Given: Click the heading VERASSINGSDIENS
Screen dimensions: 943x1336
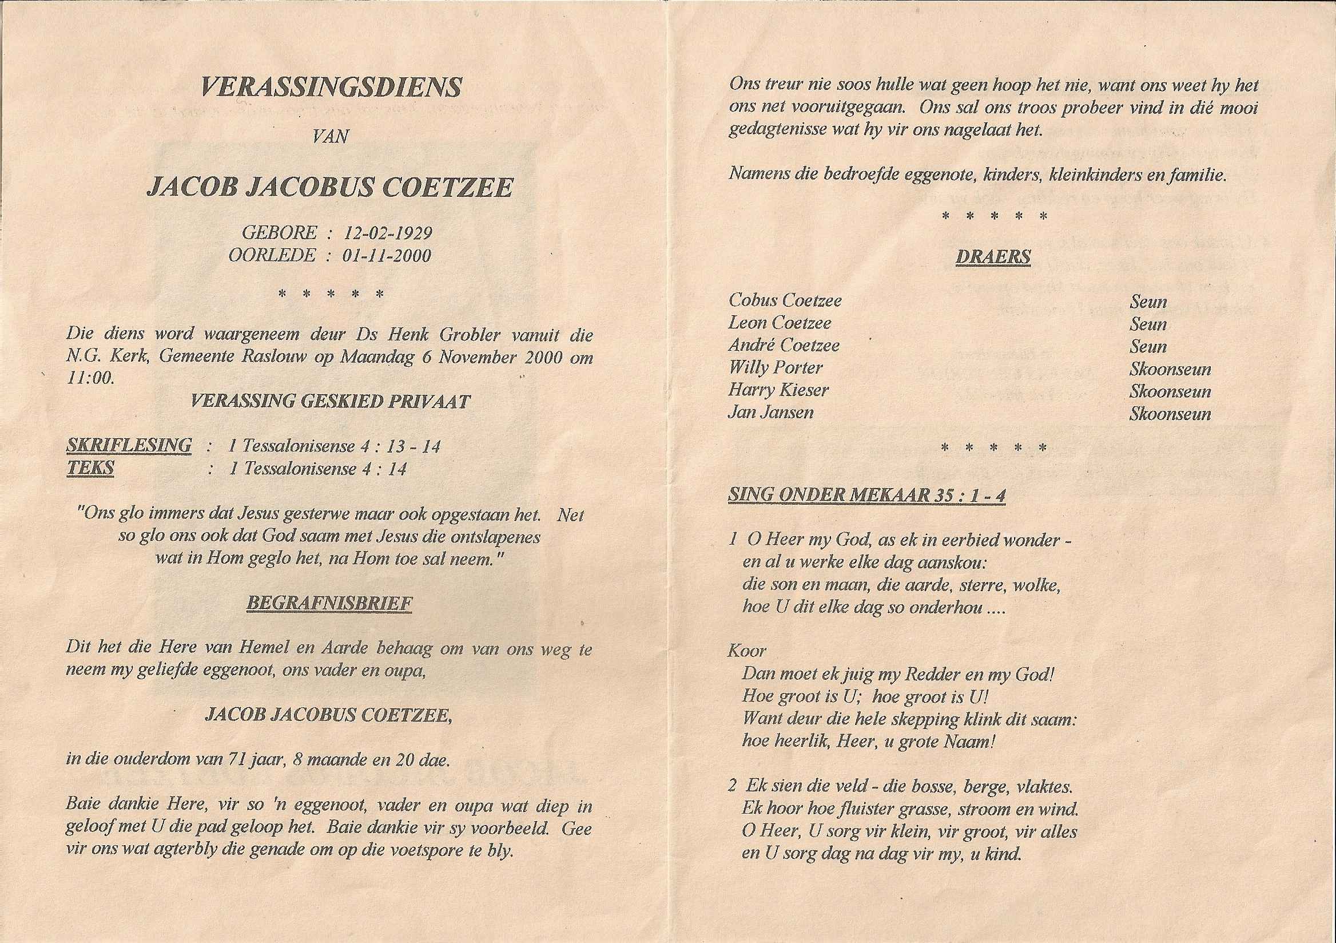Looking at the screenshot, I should click(331, 88).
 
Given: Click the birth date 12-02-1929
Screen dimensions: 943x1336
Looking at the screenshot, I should click(388, 233).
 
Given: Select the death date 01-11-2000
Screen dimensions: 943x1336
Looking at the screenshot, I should click(387, 256).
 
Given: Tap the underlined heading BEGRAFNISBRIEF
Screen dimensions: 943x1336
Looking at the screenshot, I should click(329, 603).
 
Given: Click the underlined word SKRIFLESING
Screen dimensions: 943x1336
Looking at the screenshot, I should click(129, 445).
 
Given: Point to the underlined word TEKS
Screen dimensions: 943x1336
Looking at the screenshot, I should click(90, 468).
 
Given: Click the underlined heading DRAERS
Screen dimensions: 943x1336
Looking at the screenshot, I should click(993, 257).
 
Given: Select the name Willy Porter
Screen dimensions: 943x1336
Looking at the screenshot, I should click(776, 367).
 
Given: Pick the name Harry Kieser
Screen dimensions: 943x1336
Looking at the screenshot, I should click(778, 390).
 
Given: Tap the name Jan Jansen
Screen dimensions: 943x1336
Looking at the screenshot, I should click(771, 412).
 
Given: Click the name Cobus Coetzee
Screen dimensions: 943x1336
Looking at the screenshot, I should click(785, 300).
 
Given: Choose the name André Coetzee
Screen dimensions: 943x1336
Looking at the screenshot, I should click(784, 345).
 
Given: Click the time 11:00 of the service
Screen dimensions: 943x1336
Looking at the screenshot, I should click(90, 378).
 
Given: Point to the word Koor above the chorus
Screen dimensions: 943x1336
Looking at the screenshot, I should click(746, 650).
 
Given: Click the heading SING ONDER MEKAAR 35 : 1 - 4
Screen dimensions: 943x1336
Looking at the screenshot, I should click(866, 495).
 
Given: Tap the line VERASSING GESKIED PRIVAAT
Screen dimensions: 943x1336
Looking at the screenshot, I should click(330, 401).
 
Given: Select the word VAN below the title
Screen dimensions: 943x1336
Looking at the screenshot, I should click(331, 137).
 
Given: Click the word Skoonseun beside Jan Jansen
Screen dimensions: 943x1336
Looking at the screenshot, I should click(1170, 414).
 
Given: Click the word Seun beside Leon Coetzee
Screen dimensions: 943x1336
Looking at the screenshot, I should click(1148, 324).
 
